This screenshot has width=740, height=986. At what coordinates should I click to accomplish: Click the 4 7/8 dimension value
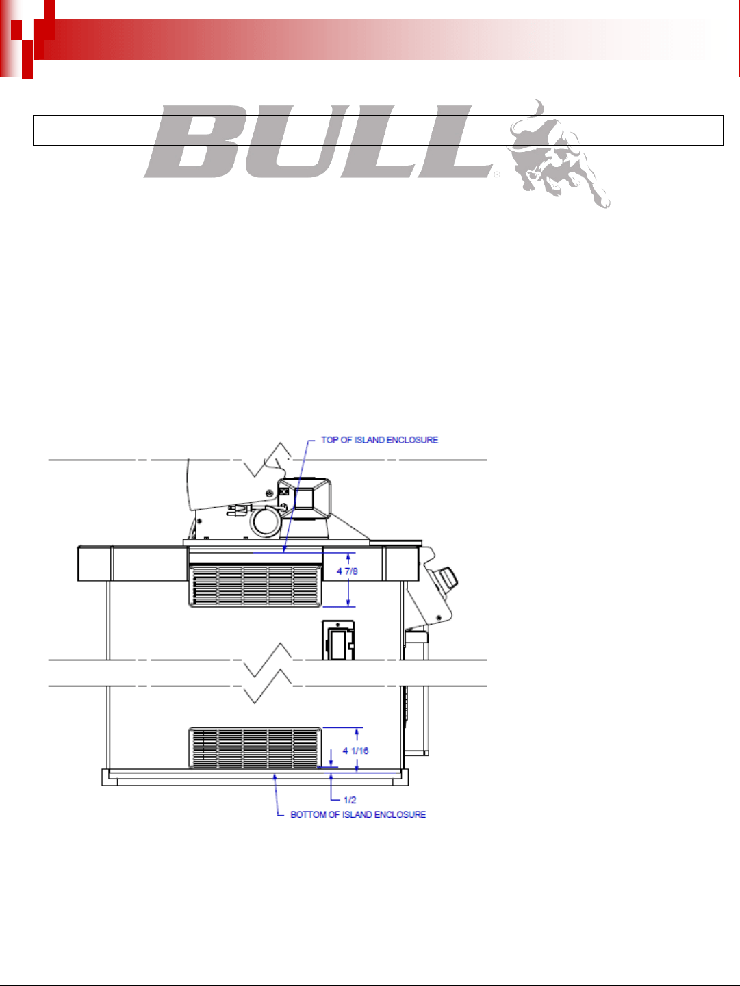click(347, 571)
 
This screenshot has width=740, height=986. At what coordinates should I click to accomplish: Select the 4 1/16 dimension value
click(355, 751)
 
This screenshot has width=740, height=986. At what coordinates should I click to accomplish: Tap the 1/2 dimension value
click(350, 800)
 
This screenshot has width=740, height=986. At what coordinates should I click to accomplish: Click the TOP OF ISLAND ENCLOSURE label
click(379, 440)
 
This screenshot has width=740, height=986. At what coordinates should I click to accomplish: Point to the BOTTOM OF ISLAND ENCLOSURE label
click(358, 814)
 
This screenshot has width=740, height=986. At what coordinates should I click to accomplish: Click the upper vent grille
click(255, 586)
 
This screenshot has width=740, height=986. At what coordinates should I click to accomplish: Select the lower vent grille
click(255, 748)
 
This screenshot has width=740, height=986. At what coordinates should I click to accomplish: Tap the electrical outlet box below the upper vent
click(338, 640)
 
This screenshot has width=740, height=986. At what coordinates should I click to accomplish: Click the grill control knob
click(447, 578)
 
